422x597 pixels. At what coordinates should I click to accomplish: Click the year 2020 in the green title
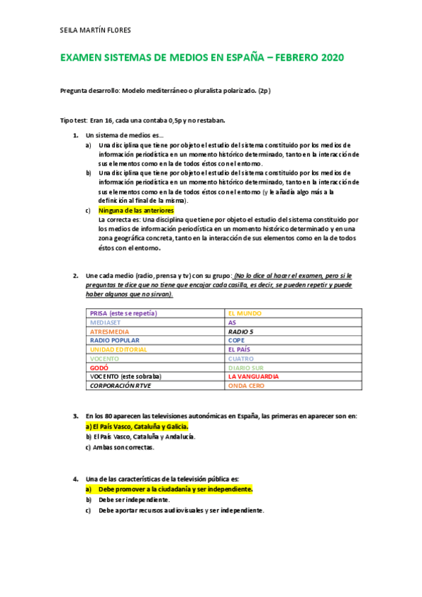(x=328, y=58)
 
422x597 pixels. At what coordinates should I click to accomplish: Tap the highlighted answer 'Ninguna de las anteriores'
(x=136, y=210)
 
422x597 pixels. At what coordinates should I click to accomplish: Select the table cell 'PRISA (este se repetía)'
(x=123, y=313)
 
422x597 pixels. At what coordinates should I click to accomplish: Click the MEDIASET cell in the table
(x=106, y=322)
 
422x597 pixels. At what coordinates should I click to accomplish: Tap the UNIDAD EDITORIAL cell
(x=118, y=349)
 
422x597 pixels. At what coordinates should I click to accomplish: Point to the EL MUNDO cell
(x=244, y=313)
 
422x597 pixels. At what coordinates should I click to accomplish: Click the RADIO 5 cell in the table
(x=242, y=331)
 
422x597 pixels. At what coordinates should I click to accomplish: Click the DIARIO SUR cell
(x=246, y=367)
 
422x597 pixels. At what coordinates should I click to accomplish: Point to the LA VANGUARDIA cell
(x=254, y=376)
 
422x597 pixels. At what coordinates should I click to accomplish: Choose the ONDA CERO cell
(x=246, y=385)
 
